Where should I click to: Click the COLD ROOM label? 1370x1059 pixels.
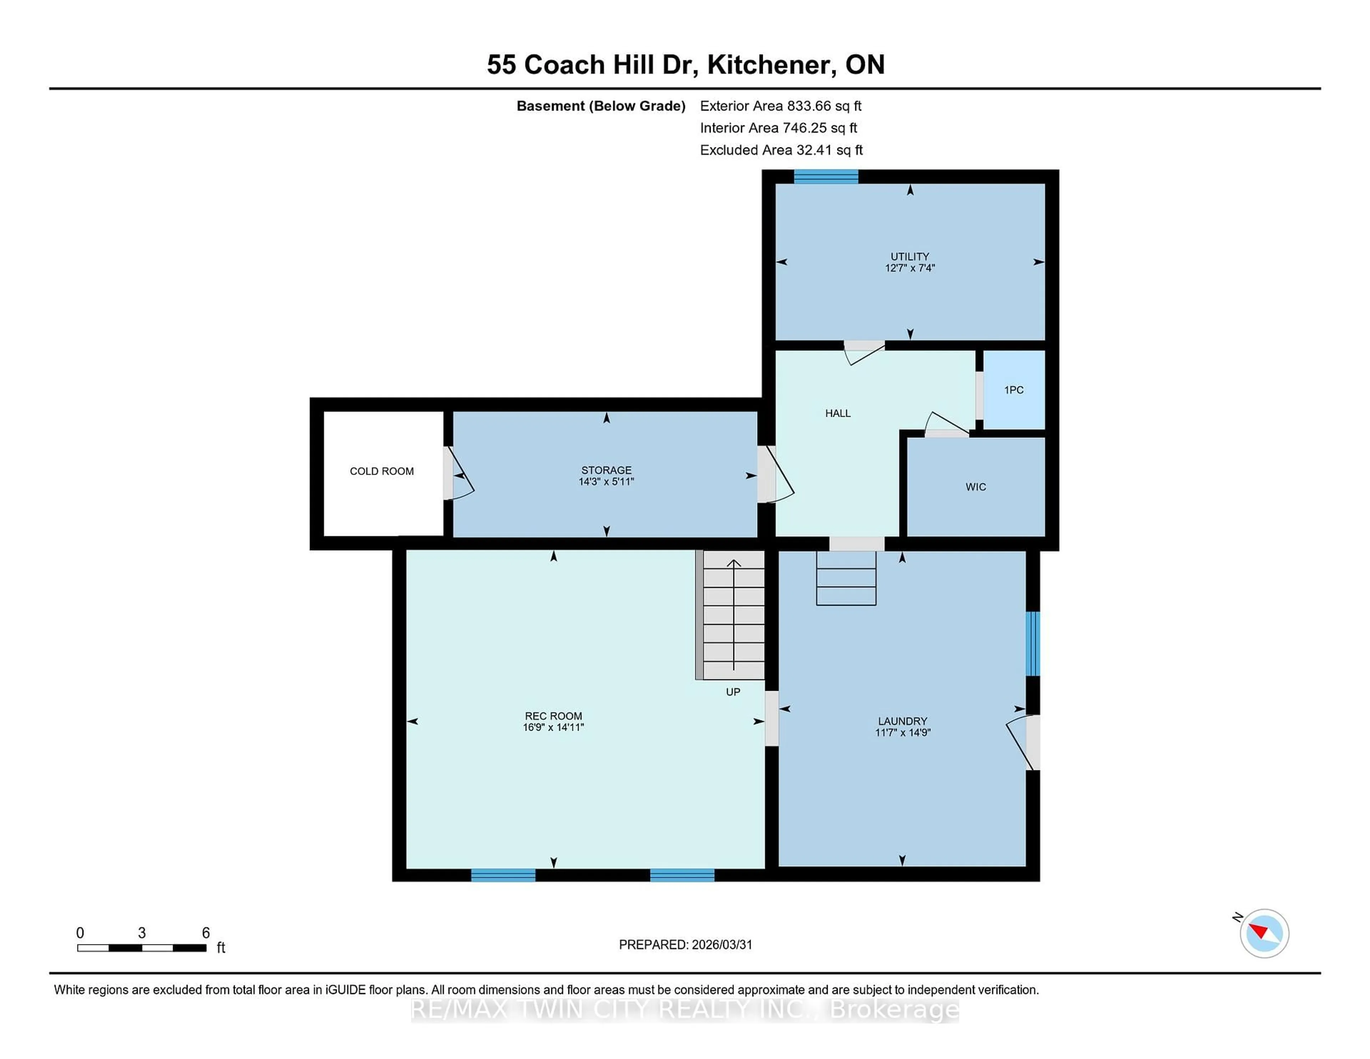tap(381, 471)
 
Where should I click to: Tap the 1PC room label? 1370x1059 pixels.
tap(1013, 390)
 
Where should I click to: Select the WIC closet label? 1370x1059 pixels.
tap(975, 487)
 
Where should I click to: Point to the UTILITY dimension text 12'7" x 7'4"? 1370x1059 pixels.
tap(909, 268)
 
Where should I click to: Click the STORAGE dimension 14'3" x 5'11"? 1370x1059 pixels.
tap(606, 482)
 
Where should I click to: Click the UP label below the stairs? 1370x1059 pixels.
tap(733, 692)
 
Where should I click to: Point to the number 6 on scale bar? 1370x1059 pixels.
tap(206, 933)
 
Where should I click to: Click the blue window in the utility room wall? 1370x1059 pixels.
tap(826, 177)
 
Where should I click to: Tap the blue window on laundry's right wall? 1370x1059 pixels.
tap(1032, 644)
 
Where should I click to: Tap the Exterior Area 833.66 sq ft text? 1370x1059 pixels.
tap(780, 106)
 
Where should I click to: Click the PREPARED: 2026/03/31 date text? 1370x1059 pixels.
tap(685, 945)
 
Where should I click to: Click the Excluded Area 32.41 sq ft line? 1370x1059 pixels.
tap(781, 150)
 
